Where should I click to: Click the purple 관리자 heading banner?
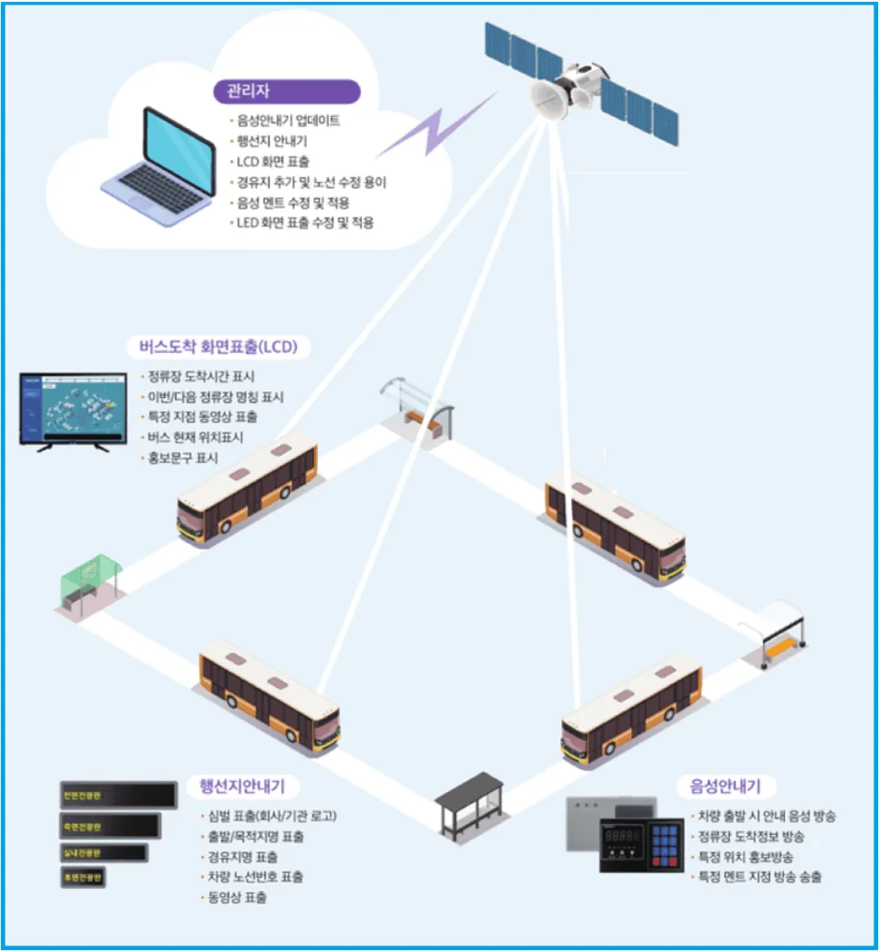click(x=286, y=92)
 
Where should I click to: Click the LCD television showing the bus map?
click(x=73, y=406)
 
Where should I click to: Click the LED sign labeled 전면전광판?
click(x=117, y=795)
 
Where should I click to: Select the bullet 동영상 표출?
click(x=237, y=897)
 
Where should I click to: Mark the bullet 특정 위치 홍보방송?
click(x=745, y=857)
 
